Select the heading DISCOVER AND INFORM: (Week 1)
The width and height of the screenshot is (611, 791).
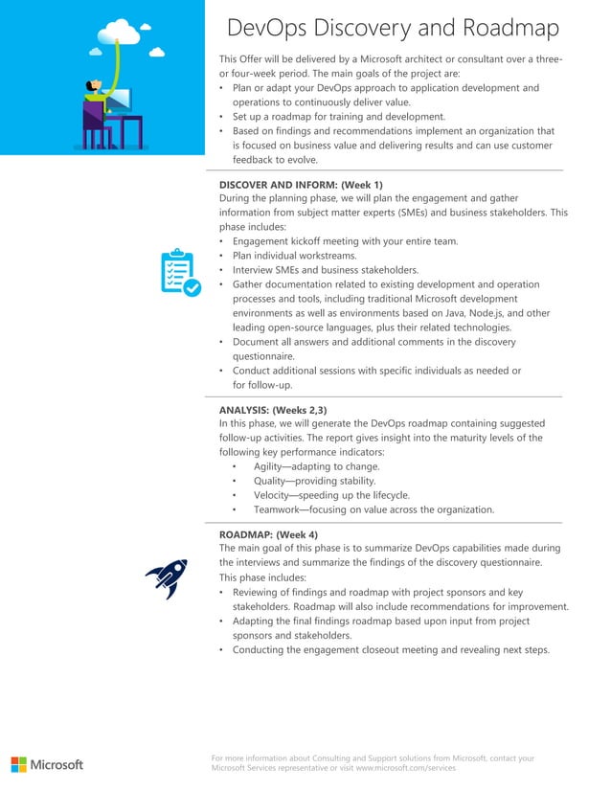(x=301, y=184)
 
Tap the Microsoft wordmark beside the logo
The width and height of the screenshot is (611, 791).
(x=57, y=764)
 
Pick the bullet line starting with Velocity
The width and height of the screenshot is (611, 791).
(x=331, y=495)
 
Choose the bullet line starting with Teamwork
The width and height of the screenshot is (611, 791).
(x=373, y=509)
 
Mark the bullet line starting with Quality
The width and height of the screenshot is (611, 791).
(x=314, y=481)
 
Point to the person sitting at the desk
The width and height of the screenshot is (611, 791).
(x=96, y=101)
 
